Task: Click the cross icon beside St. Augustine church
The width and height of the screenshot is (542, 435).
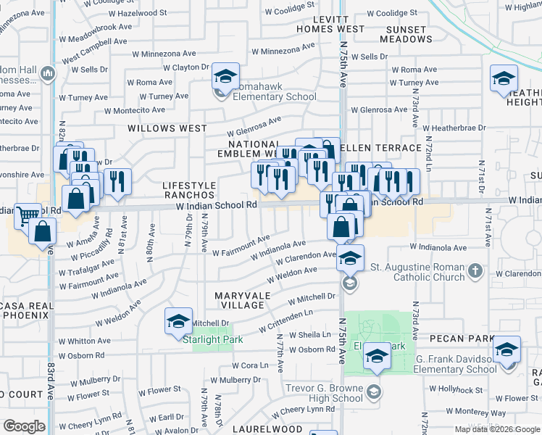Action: tap(475, 271)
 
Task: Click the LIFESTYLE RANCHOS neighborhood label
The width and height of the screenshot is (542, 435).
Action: tap(188, 191)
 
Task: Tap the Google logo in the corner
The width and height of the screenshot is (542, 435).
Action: tap(24, 426)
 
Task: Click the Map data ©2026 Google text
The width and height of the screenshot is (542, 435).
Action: tap(496, 429)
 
